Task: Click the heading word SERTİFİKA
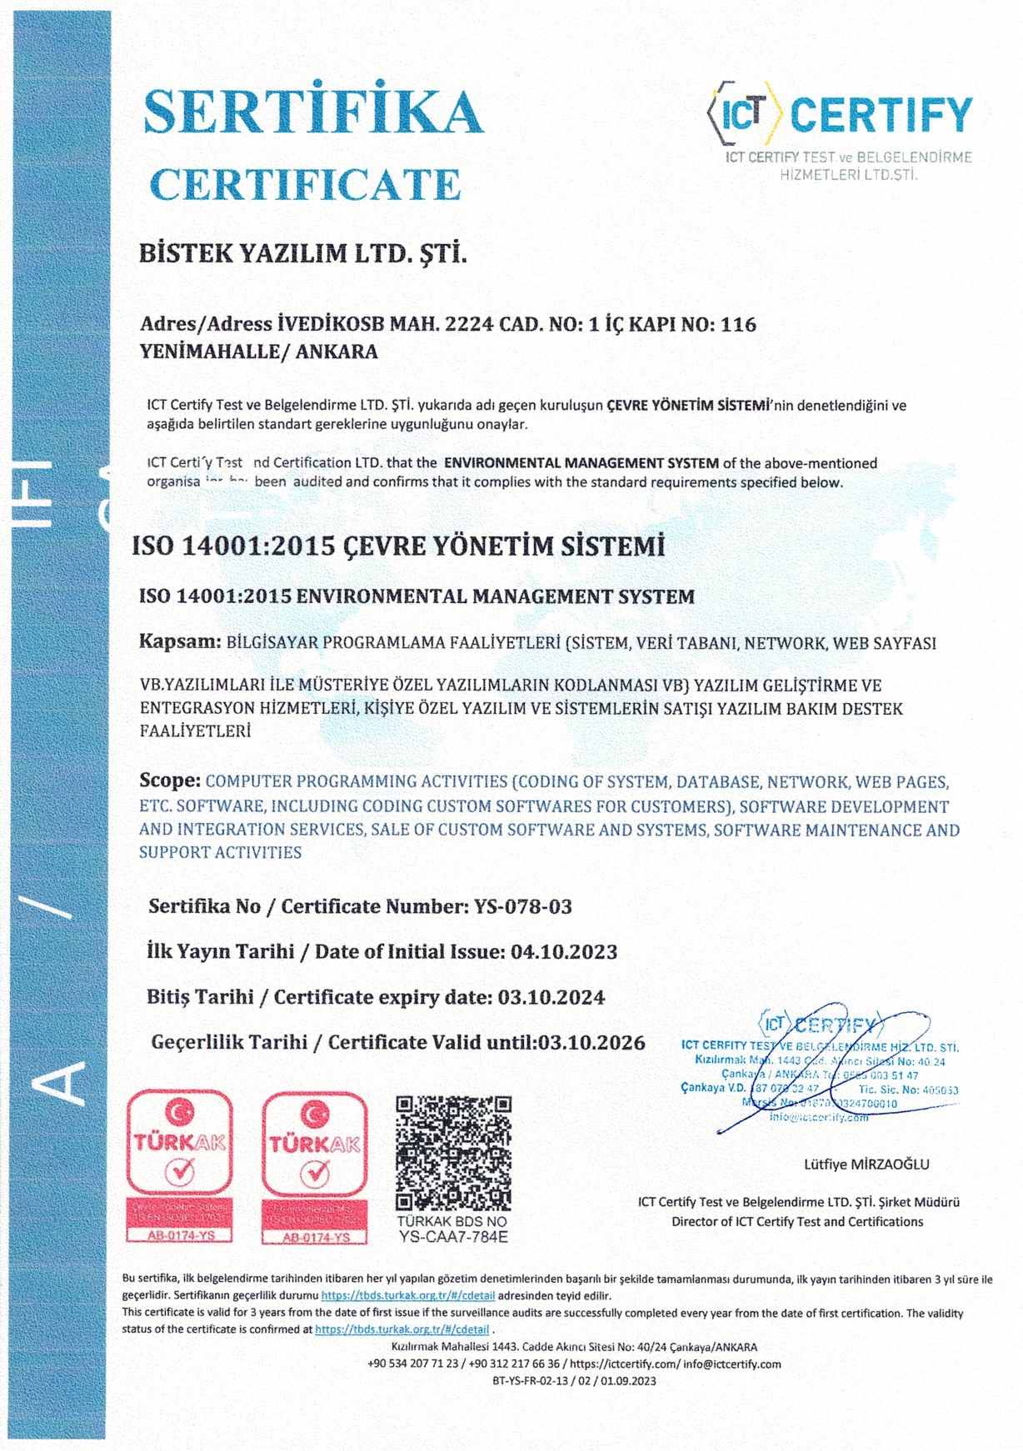[312, 112]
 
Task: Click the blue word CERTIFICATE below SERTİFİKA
[305, 184]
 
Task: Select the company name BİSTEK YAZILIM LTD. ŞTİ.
[303, 253]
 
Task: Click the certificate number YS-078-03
[523, 906]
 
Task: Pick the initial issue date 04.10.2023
[564, 951]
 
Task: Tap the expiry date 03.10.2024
[551, 997]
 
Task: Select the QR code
[453, 1154]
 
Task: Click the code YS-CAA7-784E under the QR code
[453, 1237]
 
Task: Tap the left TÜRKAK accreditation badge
[179, 1166]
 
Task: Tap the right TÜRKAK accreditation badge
[315, 1166]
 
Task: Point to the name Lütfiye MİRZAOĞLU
[866, 1164]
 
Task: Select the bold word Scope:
[170, 780]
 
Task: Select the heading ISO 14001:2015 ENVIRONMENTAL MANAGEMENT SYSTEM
[417, 596]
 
